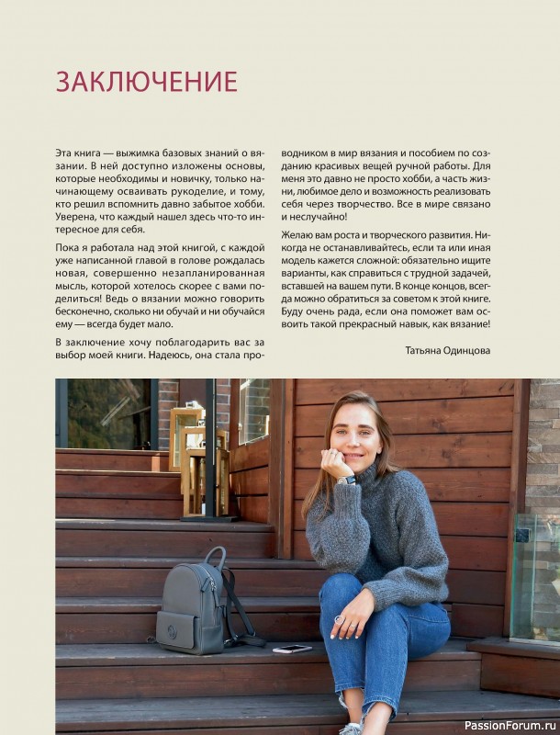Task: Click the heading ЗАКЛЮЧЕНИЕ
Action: pos(146,82)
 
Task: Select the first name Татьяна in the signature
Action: pos(429,350)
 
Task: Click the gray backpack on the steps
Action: pos(194,603)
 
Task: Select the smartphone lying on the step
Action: pos(293,649)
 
